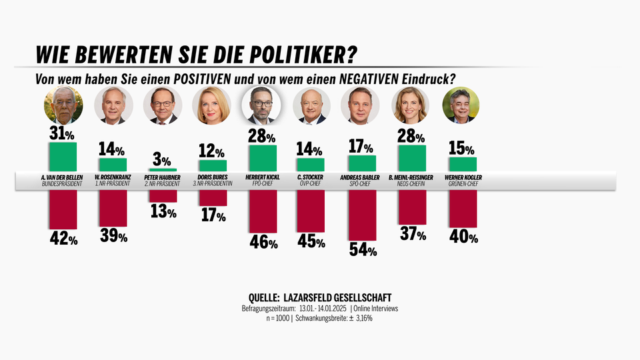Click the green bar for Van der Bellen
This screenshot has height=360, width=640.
click(63, 157)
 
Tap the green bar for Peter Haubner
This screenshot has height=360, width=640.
click(163, 170)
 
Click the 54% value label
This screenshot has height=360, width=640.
click(363, 249)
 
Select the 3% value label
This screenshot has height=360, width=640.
click(161, 161)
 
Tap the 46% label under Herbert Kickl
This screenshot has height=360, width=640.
click(263, 242)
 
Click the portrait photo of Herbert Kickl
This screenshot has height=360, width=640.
click(262, 105)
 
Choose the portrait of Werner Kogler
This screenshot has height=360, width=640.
click(461, 105)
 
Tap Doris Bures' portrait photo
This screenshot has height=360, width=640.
click(211, 105)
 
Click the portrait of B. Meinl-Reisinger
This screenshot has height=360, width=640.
click(411, 105)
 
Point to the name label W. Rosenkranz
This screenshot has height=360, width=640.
click(113, 177)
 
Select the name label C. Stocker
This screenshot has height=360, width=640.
click(311, 177)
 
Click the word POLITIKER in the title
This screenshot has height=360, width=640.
click(301, 53)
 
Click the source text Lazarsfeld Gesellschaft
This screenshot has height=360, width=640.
click(337, 297)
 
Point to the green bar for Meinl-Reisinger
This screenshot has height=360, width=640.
click(411, 158)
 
